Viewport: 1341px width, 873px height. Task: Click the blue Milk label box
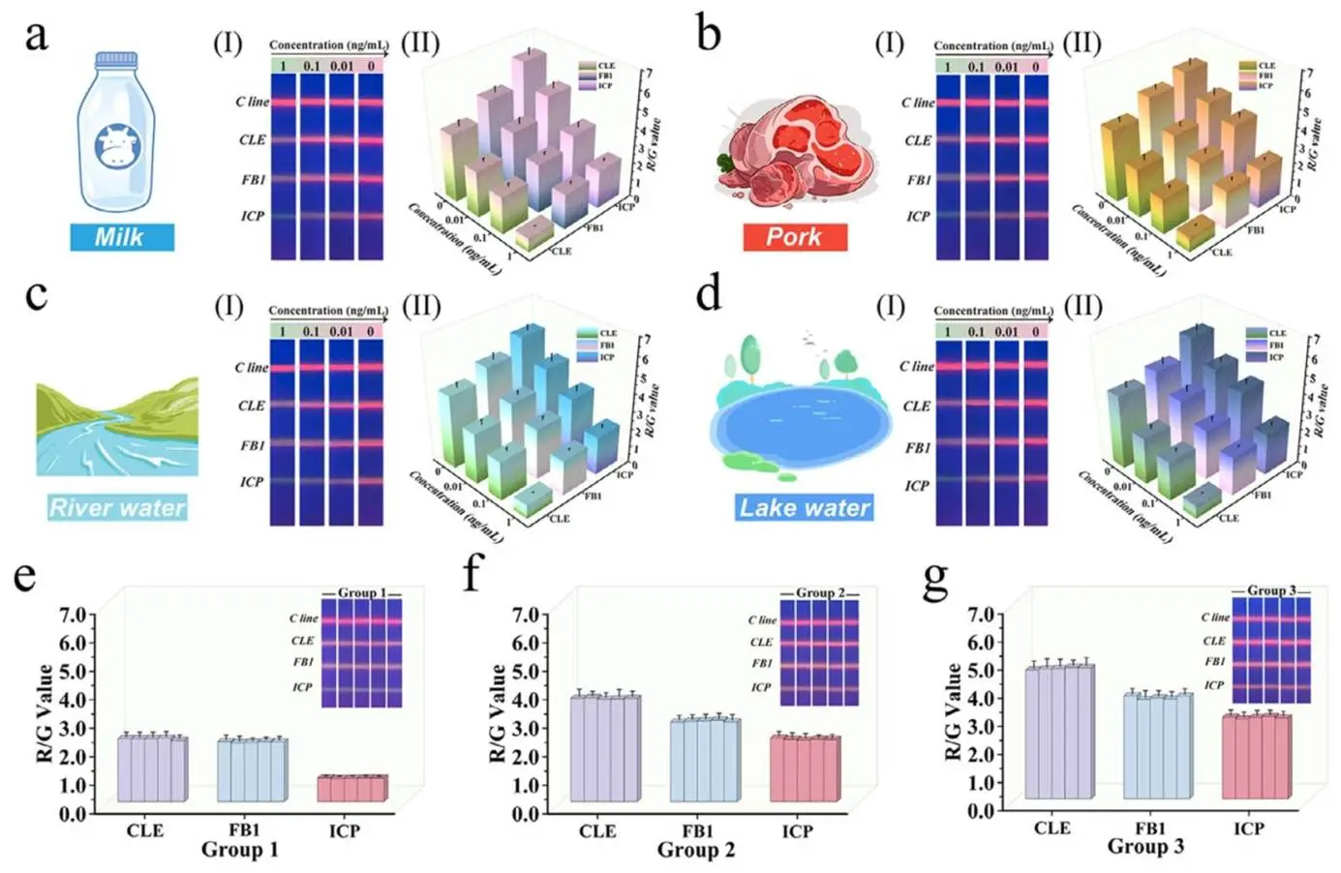tap(122, 237)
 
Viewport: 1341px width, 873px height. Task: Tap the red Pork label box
tap(794, 237)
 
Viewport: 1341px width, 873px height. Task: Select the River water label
tap(117, 507)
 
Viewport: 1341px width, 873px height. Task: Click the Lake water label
tap(805, 507)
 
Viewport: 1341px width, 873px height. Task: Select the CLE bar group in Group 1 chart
tap(152, 768)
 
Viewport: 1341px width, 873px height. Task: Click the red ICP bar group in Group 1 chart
tap(351, 788)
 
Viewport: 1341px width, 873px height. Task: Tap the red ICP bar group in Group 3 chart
tap(1255, 756)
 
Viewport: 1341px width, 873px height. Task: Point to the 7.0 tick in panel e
tap(74, 615)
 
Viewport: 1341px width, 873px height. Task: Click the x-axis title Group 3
tap(1145, 847)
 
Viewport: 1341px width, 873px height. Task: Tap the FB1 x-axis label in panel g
tap(1150, 828)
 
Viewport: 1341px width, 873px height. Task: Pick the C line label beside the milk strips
tap(252, 102)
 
